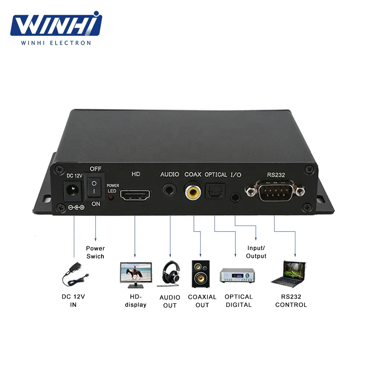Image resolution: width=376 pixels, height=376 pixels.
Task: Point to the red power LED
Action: click(111, 197)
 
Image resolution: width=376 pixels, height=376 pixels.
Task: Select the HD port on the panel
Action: click(135, 196)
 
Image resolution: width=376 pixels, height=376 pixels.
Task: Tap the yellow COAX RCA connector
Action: click(193, 192)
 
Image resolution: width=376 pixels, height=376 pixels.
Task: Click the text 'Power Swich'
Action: click(96, 252)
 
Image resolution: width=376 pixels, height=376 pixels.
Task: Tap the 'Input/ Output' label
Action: click(256, 252)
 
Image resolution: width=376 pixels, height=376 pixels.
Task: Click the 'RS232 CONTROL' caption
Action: click(291, 301)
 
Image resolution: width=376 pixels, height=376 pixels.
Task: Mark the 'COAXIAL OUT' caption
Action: click(202, 301)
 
